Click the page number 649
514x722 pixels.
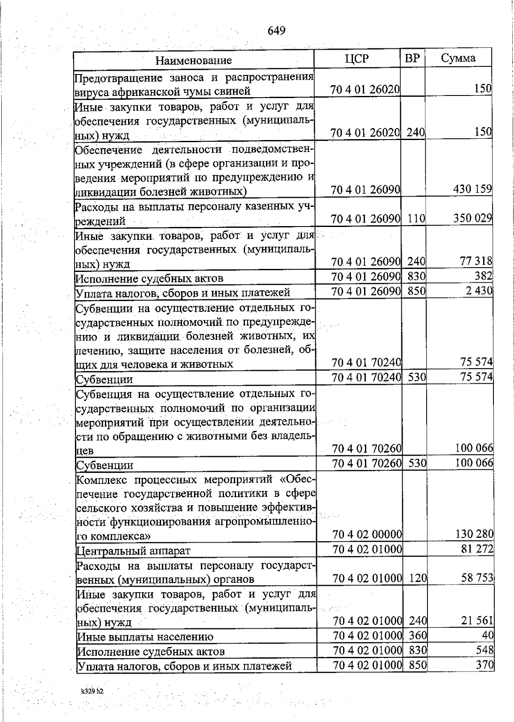[x=276, y=31]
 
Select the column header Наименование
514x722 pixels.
[x=193, y=60]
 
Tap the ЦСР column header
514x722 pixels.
[x=356, y=59]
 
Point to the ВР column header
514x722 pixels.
[x=412, y=58]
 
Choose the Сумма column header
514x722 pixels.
[x=458, y=58]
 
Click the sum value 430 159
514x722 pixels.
[x=472, y=189]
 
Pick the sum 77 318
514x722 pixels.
[x=476, y=261]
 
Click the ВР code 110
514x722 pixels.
[x=415, y=219]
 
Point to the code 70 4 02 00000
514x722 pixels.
[x=367, y=534]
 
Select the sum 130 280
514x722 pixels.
[x=474, y=534]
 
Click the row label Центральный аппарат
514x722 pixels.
[x=133, y=551]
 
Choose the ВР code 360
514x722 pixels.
[x=417, y=635]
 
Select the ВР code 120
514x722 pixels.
[x=418, y=579]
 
